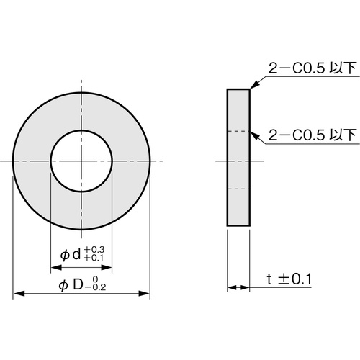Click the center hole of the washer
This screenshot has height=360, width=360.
click(81, 161)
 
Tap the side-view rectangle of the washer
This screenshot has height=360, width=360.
click(238, 158)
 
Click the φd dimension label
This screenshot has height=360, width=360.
click(71, 255)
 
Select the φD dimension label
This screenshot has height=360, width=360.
click(71, 285)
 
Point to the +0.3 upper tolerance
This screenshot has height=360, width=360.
click(94, 250)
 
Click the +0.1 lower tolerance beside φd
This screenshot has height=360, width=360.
click(94, 258)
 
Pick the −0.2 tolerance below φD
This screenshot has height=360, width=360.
click(95, 287)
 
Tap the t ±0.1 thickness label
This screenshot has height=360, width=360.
click(289, 279)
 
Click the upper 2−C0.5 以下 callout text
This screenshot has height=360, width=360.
click(312, 68)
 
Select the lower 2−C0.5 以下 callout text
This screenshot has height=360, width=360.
click(312, 135)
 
